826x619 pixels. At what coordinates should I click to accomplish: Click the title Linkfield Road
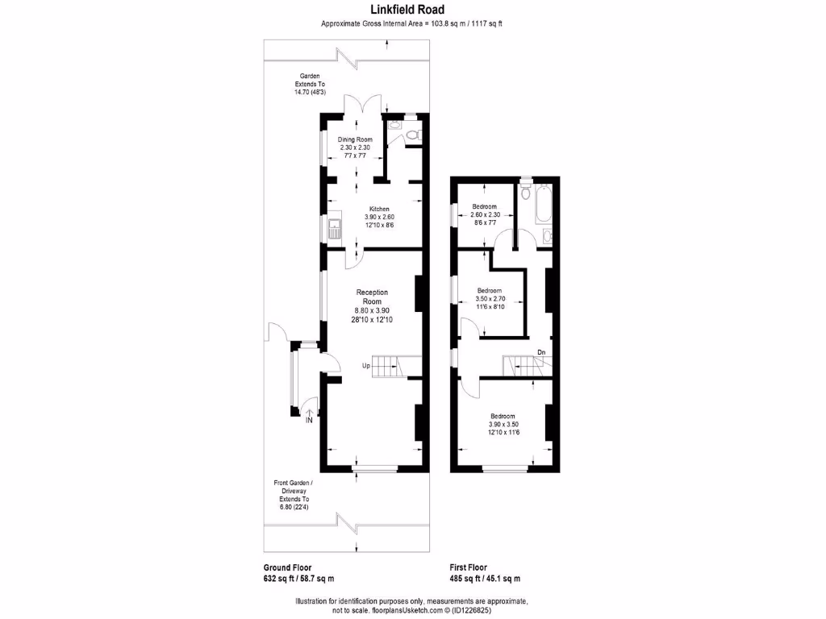412,10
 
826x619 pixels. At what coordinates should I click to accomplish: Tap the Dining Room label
355,139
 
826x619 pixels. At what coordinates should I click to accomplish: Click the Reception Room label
372,297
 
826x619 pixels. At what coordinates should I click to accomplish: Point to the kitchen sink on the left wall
333,230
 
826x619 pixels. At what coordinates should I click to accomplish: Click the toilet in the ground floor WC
412,135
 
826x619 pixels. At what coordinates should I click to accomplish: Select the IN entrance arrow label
310,419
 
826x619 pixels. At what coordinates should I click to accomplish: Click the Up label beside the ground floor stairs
365,366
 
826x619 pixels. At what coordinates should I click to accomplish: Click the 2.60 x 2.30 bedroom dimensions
484,215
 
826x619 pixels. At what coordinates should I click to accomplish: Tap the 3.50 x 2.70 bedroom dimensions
490,299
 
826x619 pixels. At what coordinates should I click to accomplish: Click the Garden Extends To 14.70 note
310,84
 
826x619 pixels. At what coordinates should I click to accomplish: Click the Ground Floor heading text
287,567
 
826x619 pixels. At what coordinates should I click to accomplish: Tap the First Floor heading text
468,567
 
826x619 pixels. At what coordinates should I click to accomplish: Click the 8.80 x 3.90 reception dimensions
372,311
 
